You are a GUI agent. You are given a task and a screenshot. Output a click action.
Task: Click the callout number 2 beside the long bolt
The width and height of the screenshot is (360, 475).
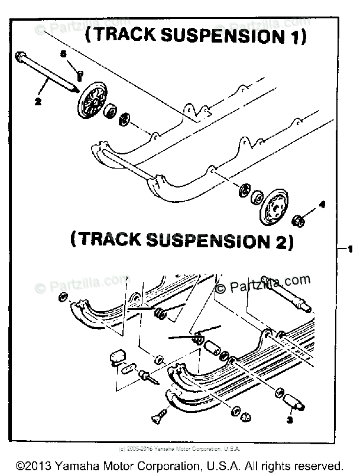pos(37,101)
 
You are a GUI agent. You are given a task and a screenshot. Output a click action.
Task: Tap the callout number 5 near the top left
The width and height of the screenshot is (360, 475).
pos(65,54)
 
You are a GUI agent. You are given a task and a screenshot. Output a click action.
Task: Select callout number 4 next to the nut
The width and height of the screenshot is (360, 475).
pos(306,205)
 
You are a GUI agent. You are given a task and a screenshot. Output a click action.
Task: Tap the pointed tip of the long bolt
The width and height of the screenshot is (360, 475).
pos(76,89)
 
